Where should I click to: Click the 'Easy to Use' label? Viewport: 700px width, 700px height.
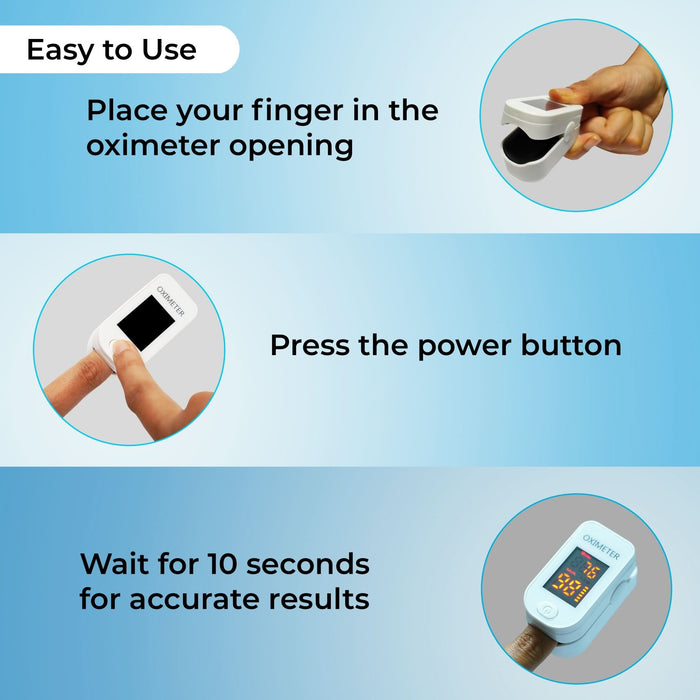pos(111,50)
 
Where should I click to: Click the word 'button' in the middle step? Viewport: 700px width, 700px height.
pos(571,346)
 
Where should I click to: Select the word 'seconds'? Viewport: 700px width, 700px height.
pos(311,564)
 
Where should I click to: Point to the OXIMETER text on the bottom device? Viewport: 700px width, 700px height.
pos(601,549)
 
